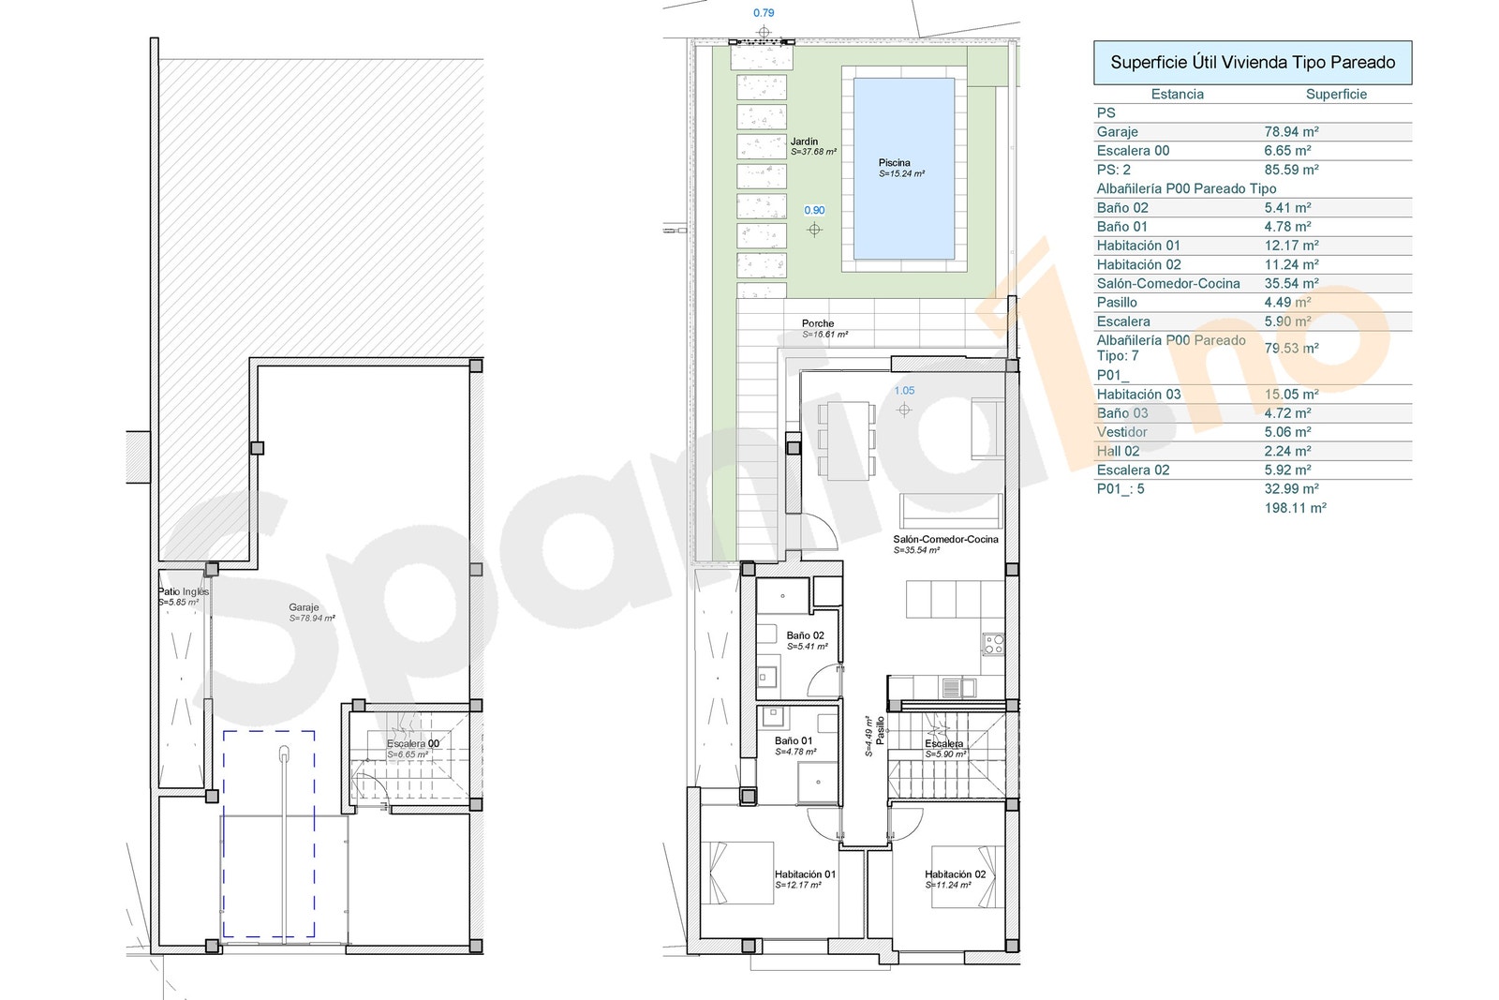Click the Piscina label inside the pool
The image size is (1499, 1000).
click(895, 163)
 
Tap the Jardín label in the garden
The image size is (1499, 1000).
click(804, 142)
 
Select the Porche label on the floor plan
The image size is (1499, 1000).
click(818, 323)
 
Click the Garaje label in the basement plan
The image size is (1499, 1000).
click(304, 607)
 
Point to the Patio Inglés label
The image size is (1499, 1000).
click(184, 591)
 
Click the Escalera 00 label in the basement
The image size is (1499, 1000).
click(413, 743)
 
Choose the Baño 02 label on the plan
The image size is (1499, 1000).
click(806, 635)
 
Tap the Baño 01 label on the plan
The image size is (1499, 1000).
click(794, 740)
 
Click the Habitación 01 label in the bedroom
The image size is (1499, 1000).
click(805, 874)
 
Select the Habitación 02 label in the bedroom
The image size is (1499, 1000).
click(955, 874)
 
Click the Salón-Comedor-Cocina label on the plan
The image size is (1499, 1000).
click(945, 539)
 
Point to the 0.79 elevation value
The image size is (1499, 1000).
click(764, 13)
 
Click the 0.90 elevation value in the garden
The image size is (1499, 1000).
click(814, 210)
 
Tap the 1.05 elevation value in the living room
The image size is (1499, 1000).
click(904, 391)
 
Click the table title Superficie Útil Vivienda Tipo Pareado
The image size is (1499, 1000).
click(1253, 63)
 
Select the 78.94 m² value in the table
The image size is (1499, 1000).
click(1291, 132)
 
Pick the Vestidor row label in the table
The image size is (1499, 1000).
click(1121, 432)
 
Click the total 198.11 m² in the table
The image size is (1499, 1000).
click(1295, 508)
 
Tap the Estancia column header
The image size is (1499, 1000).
click(1177, 94)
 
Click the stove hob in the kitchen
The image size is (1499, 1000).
click(993, 644)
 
